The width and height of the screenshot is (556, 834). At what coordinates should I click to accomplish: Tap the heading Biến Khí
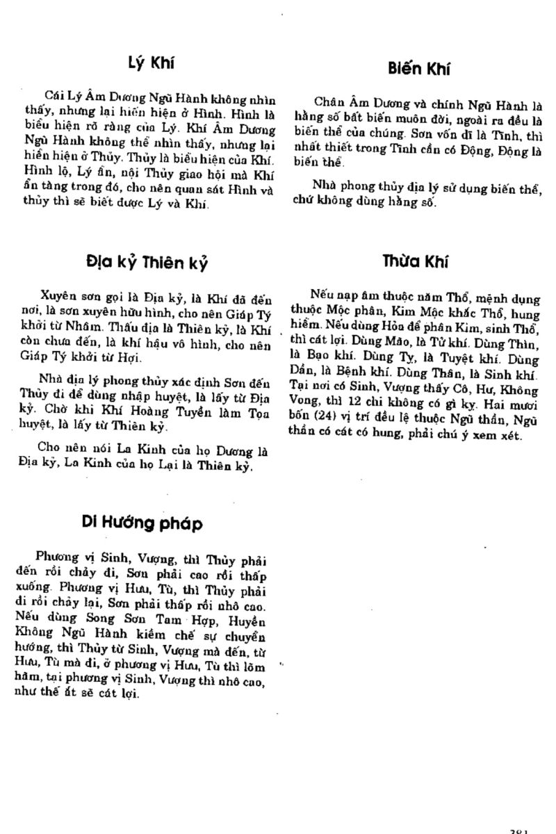419,68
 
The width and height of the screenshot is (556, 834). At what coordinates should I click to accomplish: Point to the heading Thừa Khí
415,261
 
